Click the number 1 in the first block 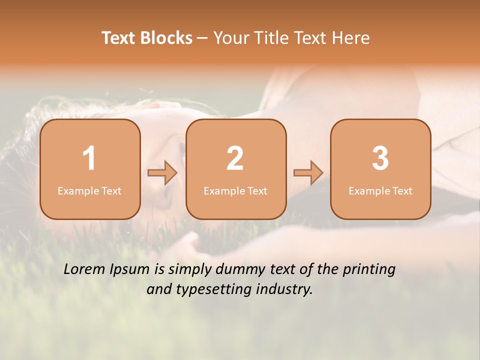[89, 158]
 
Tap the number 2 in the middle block [235, 158]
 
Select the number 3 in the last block [380, 158]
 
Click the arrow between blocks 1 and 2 [162, 173]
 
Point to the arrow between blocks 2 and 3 [308, 173]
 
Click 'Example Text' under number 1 [89, 191]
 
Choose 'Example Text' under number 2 [235, 191]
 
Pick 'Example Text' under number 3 [380, 191]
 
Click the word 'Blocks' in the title [166, 38]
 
